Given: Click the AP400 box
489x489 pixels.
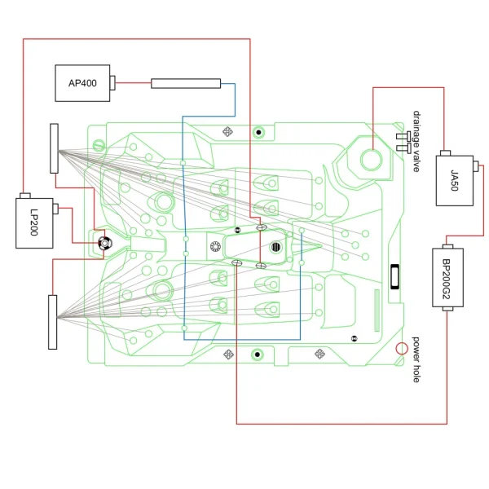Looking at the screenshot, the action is click(82, 83).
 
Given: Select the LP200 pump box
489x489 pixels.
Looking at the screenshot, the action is click(34, 223).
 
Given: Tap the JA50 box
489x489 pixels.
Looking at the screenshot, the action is click(455, 181).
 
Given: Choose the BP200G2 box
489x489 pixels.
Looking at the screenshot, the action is click(447, 278).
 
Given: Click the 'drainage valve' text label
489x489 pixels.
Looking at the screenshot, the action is click(416, 141).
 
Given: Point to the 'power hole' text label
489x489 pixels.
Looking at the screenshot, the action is click(416, 359).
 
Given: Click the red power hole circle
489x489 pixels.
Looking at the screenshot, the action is click(402, 349).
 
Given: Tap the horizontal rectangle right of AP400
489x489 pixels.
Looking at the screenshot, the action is click(186, 84).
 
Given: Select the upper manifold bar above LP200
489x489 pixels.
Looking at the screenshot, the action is click(54, 148).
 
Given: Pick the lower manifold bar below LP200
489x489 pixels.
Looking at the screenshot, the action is click(53, 322).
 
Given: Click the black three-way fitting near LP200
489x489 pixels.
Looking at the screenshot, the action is click(104, 243).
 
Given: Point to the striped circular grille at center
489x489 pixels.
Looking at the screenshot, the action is click(275, 247).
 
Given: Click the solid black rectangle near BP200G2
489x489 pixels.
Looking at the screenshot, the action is click(394, 276).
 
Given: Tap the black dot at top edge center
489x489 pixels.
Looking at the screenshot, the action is click(258, 133).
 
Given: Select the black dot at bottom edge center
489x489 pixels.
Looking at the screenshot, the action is click(258, 355).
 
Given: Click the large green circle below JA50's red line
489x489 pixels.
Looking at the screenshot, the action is click(371, 160).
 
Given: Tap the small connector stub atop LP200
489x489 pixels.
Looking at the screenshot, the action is click(25, 196).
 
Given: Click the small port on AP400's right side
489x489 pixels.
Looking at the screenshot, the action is click(112, 83).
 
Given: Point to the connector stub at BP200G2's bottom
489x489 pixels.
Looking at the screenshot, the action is click(447, 309).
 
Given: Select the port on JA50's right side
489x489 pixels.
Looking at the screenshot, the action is click(476, 165).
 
